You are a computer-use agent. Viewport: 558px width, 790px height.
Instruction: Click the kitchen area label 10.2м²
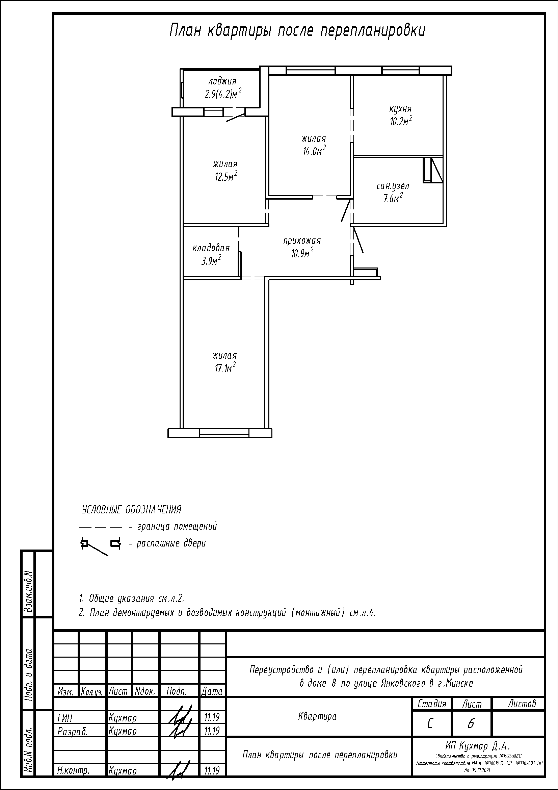401,122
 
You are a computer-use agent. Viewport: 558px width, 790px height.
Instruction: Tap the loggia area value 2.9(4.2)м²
223,94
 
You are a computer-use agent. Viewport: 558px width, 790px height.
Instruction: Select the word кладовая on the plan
211,248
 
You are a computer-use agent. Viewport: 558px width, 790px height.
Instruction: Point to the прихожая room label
302,241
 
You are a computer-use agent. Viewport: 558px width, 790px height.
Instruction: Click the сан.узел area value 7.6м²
393,199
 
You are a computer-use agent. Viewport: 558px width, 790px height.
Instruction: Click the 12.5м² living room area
226,177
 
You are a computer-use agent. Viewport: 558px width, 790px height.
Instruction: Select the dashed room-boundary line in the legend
100,527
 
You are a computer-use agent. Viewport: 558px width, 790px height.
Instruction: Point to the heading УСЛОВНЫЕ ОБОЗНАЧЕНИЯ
131,510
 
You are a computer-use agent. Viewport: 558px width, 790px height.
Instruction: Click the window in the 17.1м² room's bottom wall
224,433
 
